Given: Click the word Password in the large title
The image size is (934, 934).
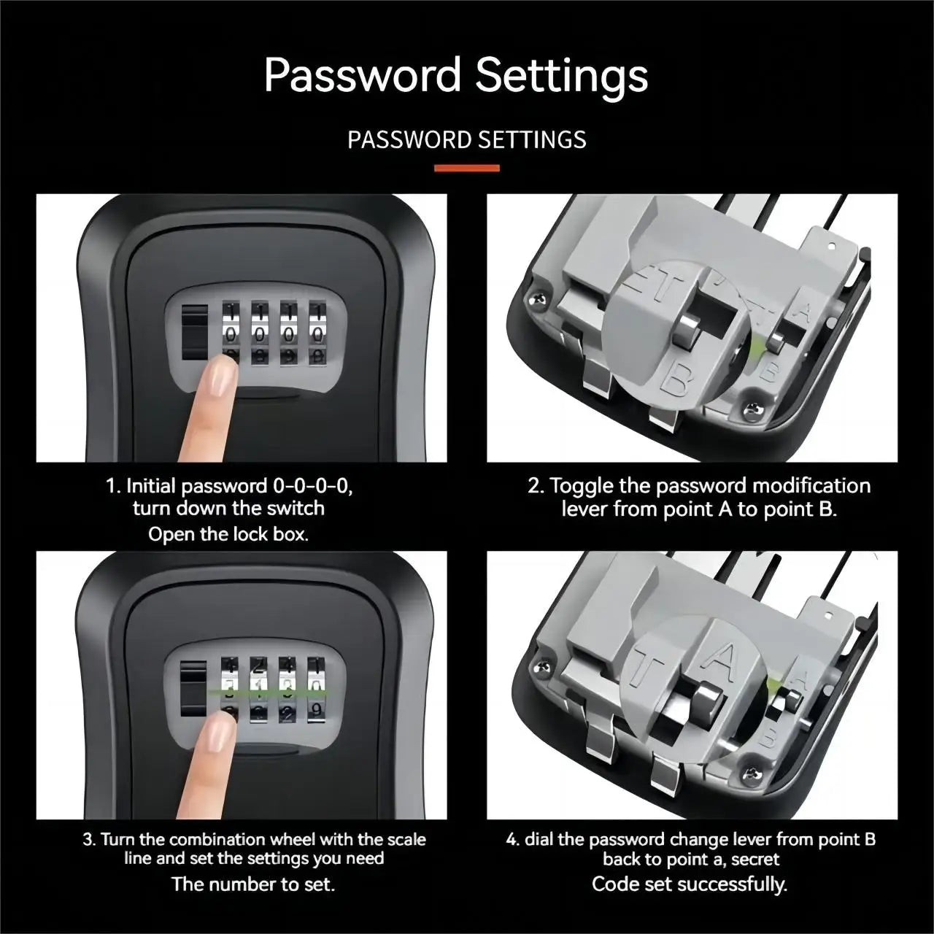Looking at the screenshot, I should coord(362,75).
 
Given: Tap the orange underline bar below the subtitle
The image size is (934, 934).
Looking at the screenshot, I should coord(467,168).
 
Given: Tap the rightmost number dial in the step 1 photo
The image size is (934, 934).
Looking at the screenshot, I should coord(317,332).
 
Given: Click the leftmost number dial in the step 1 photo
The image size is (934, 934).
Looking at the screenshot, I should coord(230,332).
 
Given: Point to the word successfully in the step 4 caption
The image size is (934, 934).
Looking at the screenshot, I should coord(732,884).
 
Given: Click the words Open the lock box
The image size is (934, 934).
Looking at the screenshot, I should coord(228,534).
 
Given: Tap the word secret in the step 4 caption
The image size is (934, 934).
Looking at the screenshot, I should coord(755,860).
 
